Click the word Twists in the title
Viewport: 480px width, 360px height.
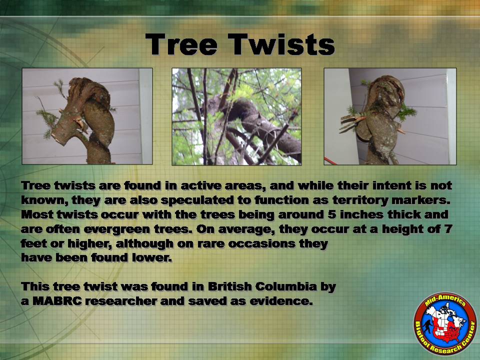coord(281,44)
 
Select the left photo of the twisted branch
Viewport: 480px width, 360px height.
coord(87,116)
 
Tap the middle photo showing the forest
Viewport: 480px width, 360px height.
coord(236,116)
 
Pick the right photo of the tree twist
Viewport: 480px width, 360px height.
coord(390,116)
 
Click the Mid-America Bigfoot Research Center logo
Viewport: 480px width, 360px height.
coord(445,323)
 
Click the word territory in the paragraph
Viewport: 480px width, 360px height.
coord(360,200)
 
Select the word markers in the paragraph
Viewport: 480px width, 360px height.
coord(419,200)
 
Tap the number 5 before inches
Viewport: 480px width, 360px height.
coord(331,214)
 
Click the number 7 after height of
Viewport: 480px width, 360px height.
coord(448,228)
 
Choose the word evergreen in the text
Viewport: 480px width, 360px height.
coord(117,229)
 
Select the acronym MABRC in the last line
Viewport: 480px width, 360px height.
coord(57,301)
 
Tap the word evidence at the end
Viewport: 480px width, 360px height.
coord(281,301)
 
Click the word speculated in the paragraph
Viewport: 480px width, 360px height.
coord(194,200)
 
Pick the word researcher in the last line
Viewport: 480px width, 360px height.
coord(121,301)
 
